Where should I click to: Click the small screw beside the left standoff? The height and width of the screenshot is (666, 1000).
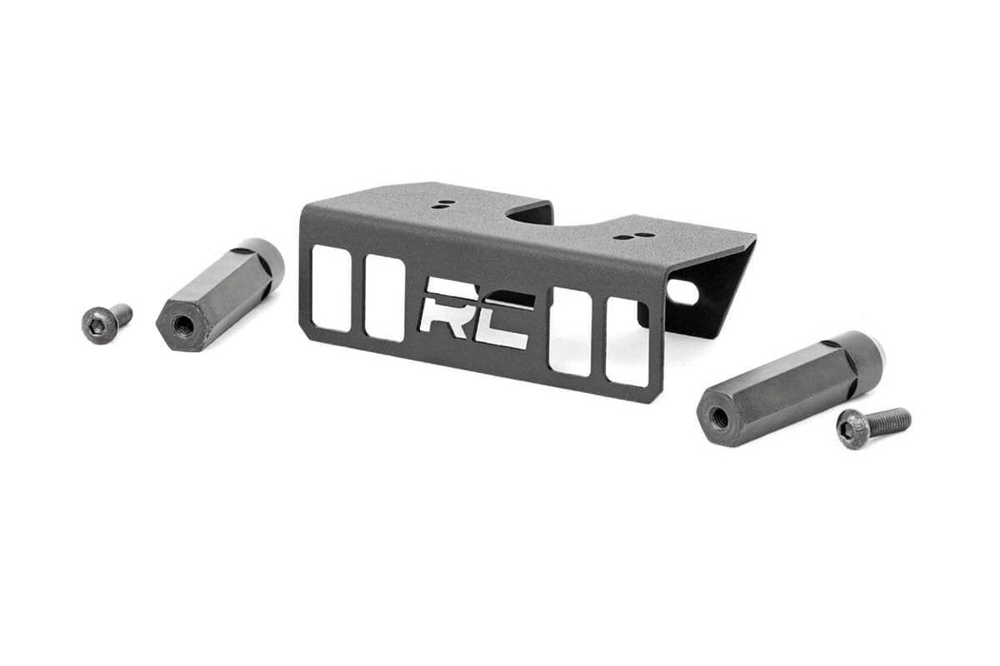click(x=105, y=322)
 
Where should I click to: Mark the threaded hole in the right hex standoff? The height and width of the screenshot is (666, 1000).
click(x=719, y=416)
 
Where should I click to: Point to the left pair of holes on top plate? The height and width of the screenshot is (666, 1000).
click(x=440, y=206)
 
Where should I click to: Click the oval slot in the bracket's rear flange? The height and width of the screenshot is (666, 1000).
click(x=681, y=291)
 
